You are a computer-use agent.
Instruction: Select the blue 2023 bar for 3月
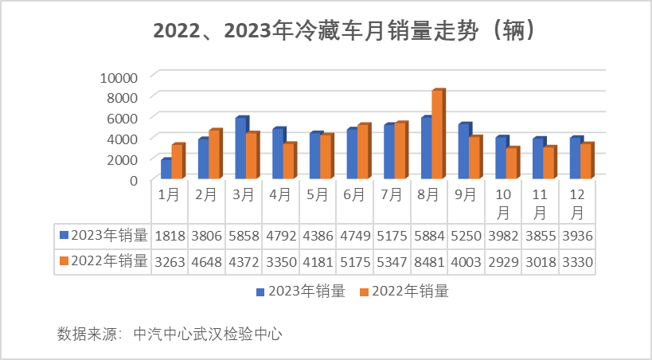click(x=240, y=148)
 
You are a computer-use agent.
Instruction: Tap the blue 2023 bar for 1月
click(x=166, y=169)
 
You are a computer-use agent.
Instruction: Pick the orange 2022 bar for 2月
click(x=214, y=154)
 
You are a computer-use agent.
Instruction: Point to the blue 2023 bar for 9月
click(x=464, y=151)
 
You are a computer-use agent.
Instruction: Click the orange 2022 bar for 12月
click(x=586, y=161)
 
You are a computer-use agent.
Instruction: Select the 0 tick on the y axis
click(x=133, y=180)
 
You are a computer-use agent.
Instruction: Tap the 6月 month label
click(x=355, y=194)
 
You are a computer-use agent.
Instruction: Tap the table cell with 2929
click(x=503, y=260)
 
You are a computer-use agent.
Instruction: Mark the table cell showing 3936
click(x=578, y=235)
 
